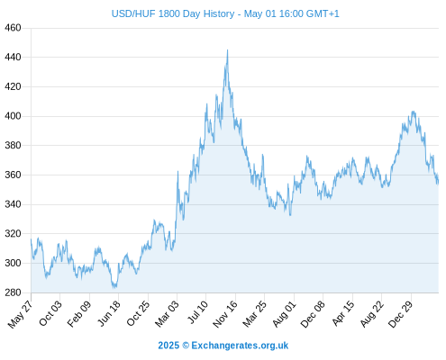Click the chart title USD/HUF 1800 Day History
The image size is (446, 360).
click(x=173, y=13)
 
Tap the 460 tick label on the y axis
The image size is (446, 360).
click(x=13, y=28)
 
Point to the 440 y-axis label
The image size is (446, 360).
click(x=13, y=57)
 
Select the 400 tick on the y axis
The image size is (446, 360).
click(x=13, y=116)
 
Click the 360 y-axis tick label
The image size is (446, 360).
click(x=13, y=175)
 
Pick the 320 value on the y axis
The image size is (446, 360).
click(x=13, y=233)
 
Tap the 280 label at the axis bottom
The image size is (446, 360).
click(x=13, y=292)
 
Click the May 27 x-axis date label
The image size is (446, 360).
click(x=21, y=314)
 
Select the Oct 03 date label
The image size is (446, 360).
click(x=50, y=313)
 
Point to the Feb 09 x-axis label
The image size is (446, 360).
click(x=79, y=314)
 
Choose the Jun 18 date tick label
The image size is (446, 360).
click(x=109, y=313)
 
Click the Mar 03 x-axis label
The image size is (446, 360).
click(x=167, y=313)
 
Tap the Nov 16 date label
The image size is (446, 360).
click(x=225, y=314)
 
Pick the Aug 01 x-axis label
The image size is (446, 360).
click(x=285, y=313)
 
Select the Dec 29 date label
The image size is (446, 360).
click(x=401, y=314)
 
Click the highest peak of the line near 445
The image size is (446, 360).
click(x=227, y=50)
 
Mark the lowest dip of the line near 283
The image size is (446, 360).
click(x=114, y=288)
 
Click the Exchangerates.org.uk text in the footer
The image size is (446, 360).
click(x=240, y=346)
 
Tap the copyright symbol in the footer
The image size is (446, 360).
click(x=186, y=346)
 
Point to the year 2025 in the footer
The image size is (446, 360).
click(x=168, y=346)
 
